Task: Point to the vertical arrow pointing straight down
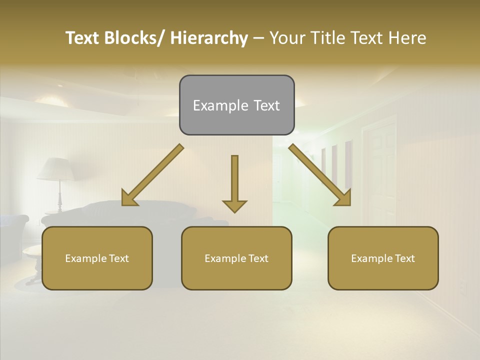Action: [234, 182]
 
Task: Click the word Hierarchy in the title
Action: [208, 38]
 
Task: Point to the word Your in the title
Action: [287, 38]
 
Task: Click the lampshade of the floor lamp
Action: [56, 169]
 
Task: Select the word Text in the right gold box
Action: [404, 258]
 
